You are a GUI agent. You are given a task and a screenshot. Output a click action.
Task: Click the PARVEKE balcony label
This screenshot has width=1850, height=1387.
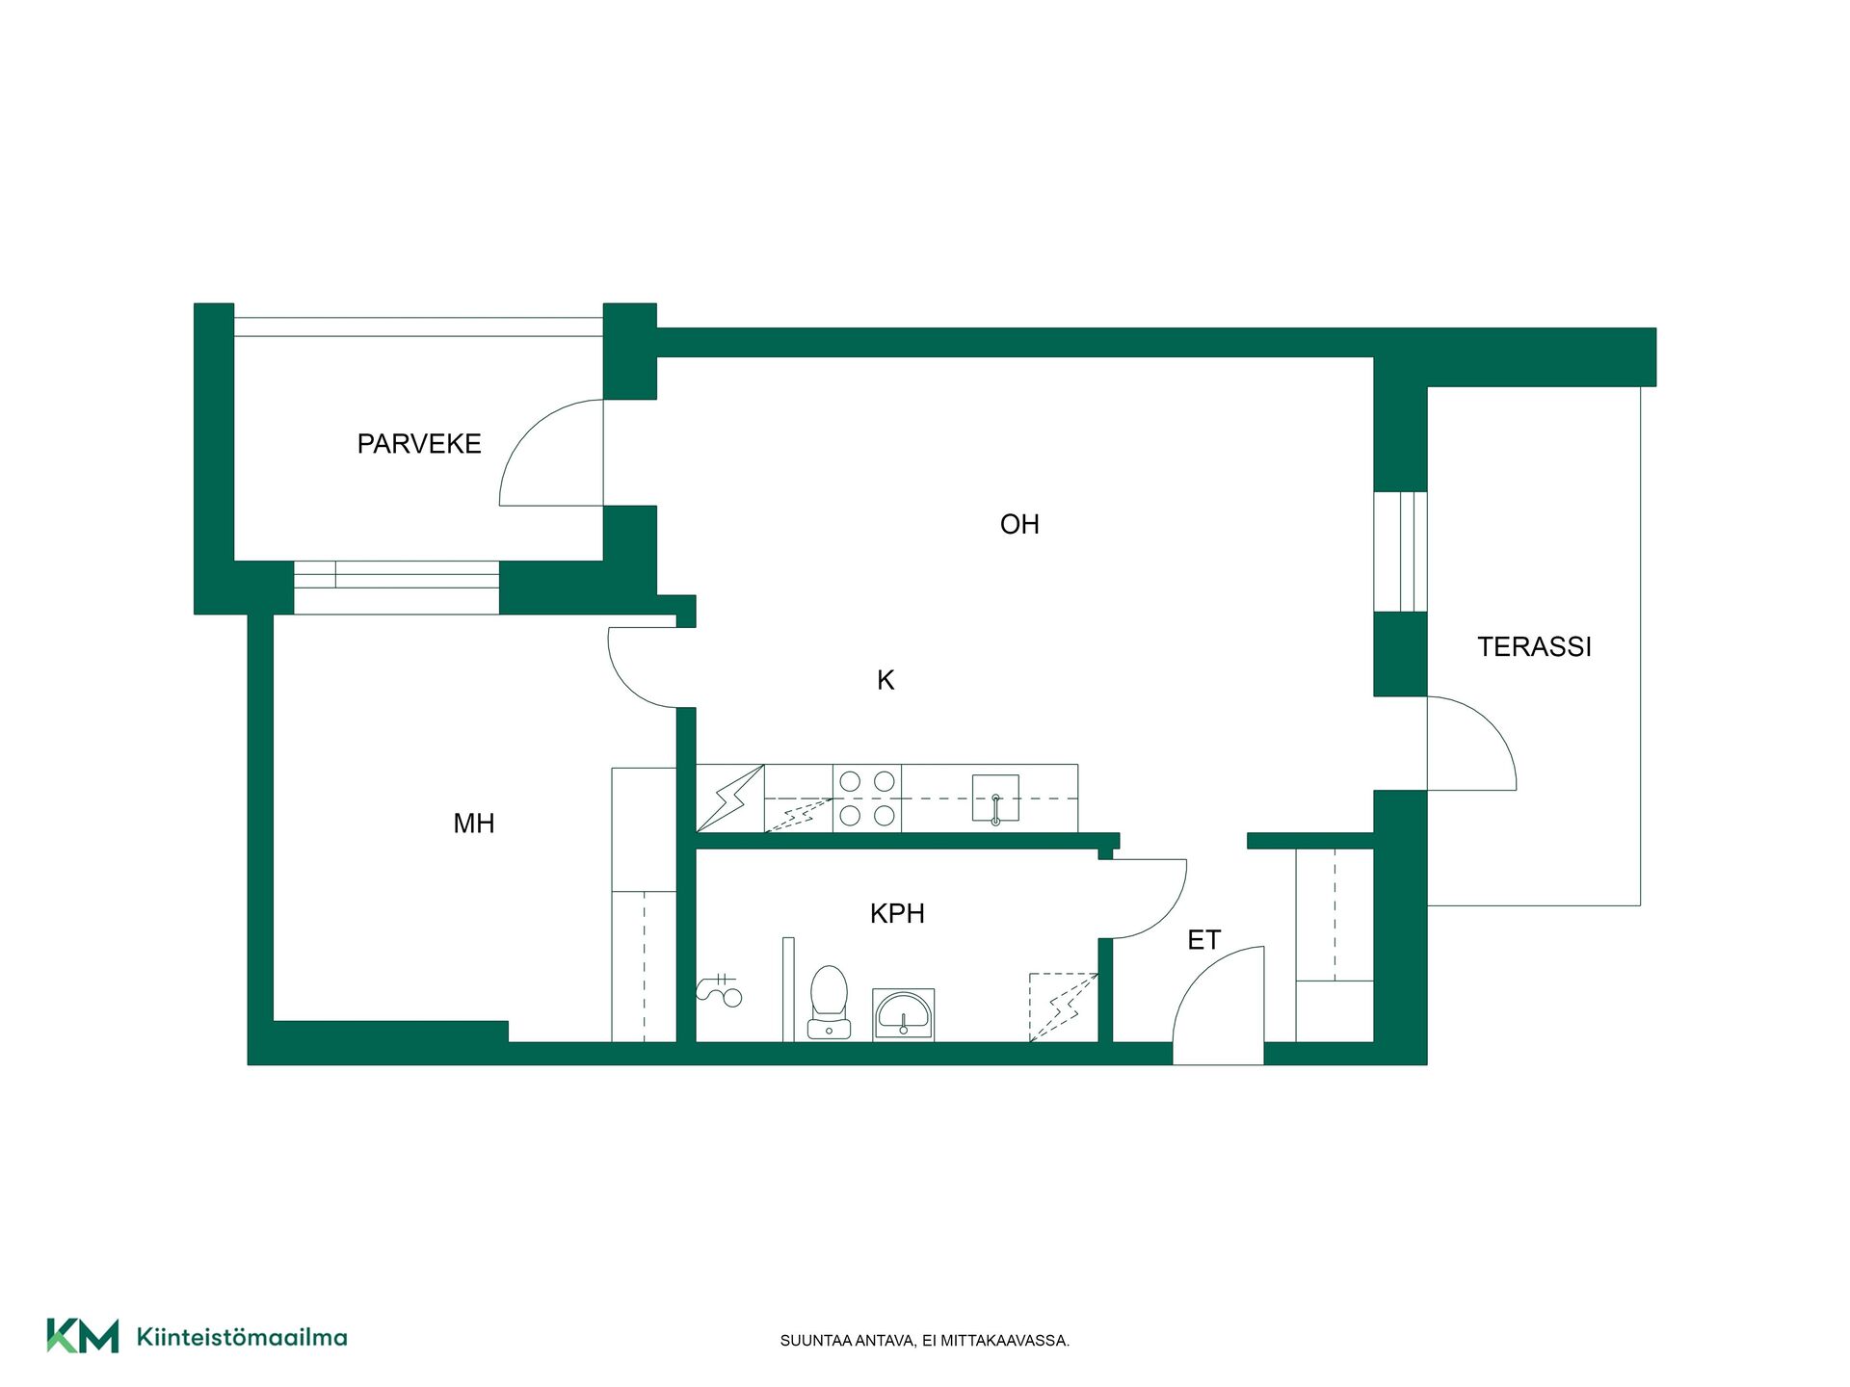click(419, 444)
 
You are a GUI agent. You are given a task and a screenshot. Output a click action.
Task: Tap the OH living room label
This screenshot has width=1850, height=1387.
click(1019, 525)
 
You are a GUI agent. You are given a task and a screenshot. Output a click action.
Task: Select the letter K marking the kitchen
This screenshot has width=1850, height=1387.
click(885, 681)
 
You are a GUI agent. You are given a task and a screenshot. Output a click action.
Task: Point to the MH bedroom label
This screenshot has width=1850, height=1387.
click(474, 824)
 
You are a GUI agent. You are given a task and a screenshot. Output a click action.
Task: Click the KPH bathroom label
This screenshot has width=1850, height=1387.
click(897, 914)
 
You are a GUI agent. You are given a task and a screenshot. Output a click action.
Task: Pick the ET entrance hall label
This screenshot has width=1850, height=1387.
click(1203, 940)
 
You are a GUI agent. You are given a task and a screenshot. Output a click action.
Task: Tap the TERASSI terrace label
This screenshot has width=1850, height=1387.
click(1534, 647)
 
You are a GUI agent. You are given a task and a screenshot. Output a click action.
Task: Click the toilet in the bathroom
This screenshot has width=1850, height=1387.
click(829, 1003)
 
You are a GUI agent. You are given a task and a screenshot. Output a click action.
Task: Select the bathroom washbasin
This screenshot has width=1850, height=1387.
click(903, 1014)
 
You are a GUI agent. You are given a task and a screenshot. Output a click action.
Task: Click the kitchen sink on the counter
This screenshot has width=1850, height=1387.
click(995, 798)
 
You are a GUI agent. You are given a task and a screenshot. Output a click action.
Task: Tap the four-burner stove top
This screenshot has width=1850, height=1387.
click(867, 798)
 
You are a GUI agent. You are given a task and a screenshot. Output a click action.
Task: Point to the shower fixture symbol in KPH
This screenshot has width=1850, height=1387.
click(719, 990)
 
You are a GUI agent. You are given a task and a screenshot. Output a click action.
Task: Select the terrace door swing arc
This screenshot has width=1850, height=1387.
click(1491, 724)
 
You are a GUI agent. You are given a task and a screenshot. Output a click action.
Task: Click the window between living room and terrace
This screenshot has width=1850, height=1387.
click(1400, 551)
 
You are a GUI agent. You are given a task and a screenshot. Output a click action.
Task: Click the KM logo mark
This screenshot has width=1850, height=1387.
click(83, 1336)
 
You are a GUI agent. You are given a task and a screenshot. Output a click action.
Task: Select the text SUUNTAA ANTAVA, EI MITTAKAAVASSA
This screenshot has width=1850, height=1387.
click(924, 1341)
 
